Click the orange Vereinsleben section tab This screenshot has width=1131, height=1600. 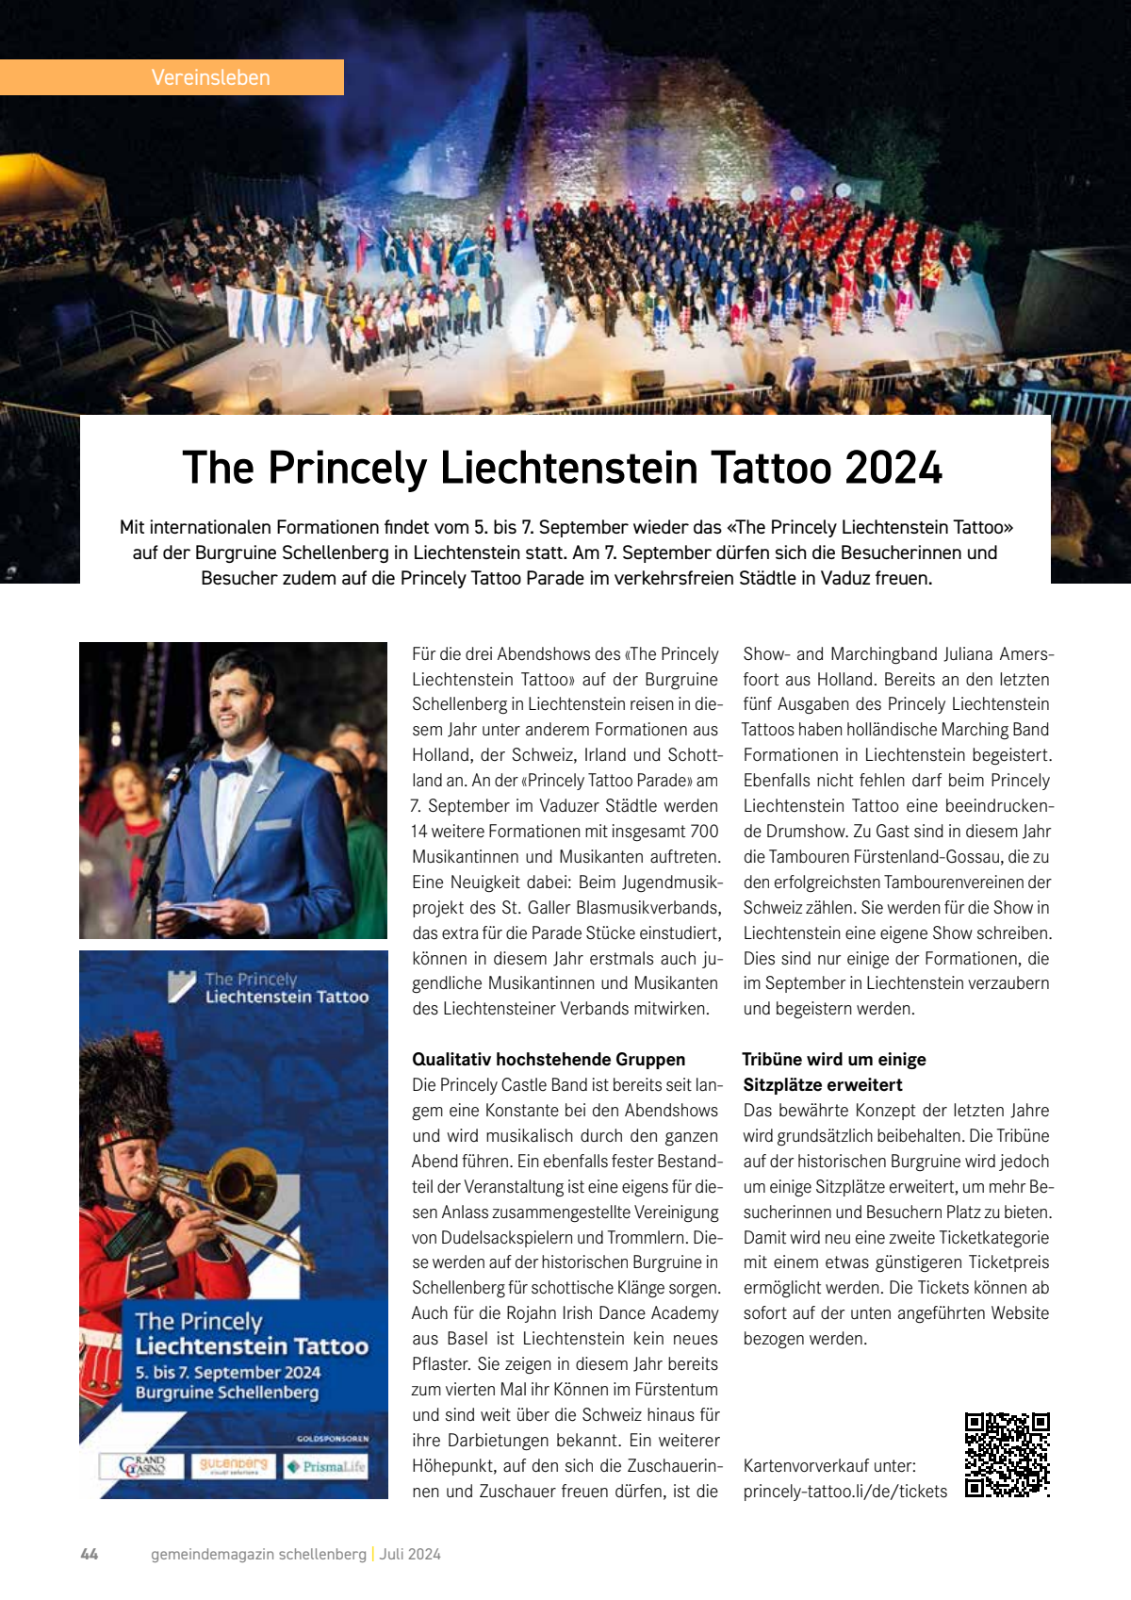[x=172, y=77]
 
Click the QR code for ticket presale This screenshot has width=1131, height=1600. [x=1007, y=1455]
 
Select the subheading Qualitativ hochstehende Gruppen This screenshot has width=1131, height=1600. [x=549, y=1059]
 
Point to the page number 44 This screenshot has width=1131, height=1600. [x=90, y=1554]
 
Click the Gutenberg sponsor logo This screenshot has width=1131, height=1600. [x=233, y=1466]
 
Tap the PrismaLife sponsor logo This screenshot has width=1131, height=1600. [x=326, y=1466]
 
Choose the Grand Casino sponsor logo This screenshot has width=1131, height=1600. [x=142, y=1466]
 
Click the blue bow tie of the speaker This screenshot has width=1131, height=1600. [x=231, y=768]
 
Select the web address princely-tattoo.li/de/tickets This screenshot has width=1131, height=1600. [x=844, y=1491]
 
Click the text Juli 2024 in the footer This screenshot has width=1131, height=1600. [x=410, y=1554]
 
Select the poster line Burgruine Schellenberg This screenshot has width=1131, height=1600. [x=227, y=1393]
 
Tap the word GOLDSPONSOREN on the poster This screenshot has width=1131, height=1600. [x=332, y=1439]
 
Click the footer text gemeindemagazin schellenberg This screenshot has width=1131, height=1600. [x=258, y=1554]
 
